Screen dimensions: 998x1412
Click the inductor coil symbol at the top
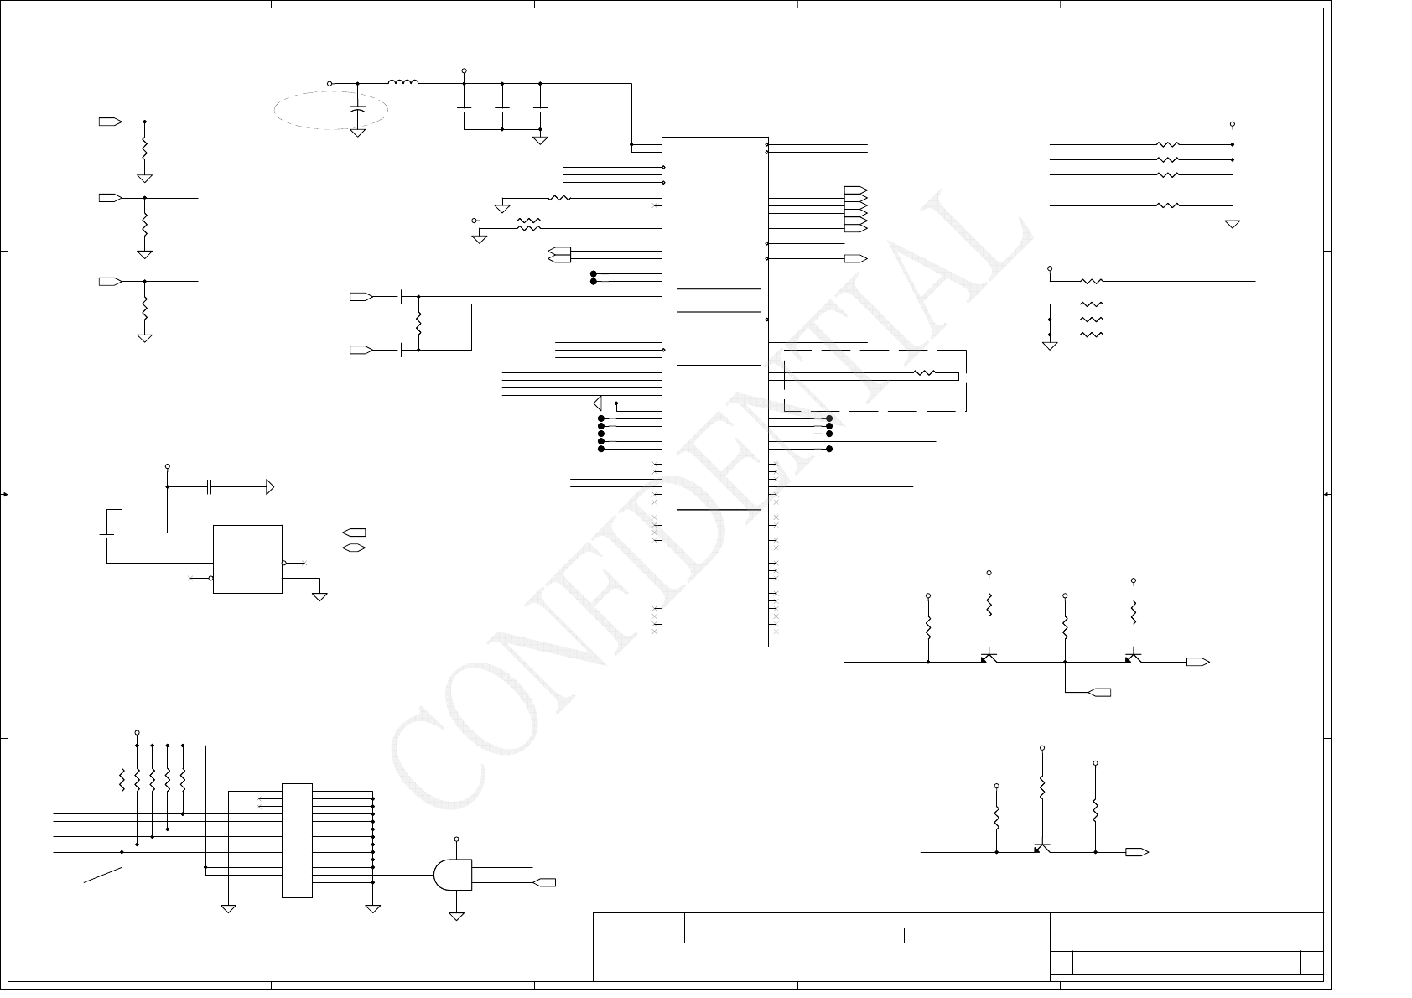tap(402, 82)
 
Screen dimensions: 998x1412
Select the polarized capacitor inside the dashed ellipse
tap(358, 110)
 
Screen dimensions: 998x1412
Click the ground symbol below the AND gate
tap(456, 916)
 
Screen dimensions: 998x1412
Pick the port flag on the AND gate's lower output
tap(544, 882)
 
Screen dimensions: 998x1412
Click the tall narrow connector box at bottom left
tap(297, 840)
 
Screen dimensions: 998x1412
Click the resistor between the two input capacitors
tap(418, 323)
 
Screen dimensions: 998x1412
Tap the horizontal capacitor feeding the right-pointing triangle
tap(210, 486)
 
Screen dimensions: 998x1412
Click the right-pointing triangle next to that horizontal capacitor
tap(270, 486)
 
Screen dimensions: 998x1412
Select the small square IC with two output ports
tap(247, 559)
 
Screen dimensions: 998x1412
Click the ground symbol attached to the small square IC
tap(319, 596)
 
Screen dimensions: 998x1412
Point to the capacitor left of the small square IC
tap(106, 535)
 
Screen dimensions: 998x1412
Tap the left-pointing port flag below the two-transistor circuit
tap(1099, 692)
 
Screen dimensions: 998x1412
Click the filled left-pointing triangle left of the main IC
tap(598, 403)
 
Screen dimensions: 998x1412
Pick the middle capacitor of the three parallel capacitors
tap(501, 110)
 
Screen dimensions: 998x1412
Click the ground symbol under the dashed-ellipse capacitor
tap(358, 133)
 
